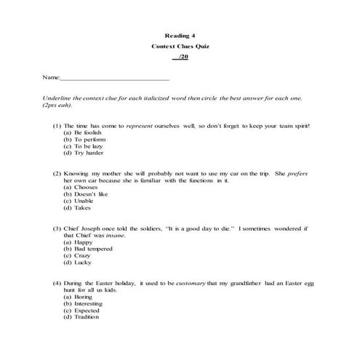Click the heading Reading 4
tap(180, 35)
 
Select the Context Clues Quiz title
tap(180, 46)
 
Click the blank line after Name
tap(113, 77)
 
